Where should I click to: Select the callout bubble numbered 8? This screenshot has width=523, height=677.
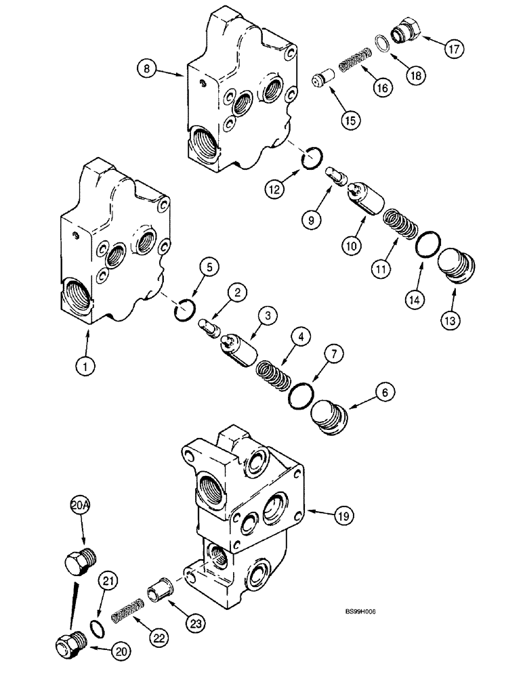(146, 67)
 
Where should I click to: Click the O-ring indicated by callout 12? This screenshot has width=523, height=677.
(311, 161)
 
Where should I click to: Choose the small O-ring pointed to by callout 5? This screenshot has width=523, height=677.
(186, 311)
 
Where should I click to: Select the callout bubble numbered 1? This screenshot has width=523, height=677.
(85, 367)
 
